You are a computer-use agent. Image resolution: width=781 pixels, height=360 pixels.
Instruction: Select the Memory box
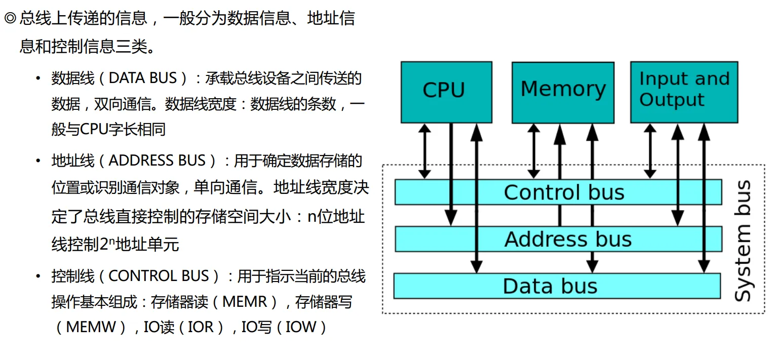click(x=563, y=92)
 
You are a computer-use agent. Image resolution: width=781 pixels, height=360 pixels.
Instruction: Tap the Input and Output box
click(x=683, y=92)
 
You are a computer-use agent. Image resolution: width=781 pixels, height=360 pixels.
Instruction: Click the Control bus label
click(x=564, y=192)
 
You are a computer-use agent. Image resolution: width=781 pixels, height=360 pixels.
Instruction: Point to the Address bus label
click(x=568, y=239)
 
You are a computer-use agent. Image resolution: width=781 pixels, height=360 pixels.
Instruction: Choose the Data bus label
click(x=550, y=286)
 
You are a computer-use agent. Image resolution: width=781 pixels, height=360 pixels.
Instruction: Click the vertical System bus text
click(x=743, y=242)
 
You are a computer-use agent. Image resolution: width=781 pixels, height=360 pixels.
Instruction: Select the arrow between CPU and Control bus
click(x=424, y=151)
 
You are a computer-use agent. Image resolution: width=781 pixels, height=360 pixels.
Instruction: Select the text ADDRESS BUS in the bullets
click(x=157, y=161)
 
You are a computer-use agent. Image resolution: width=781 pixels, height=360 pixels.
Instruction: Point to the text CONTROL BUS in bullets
click(x=159, y=276)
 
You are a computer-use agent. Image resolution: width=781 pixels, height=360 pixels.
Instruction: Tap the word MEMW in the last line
click(x=91, y=327)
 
